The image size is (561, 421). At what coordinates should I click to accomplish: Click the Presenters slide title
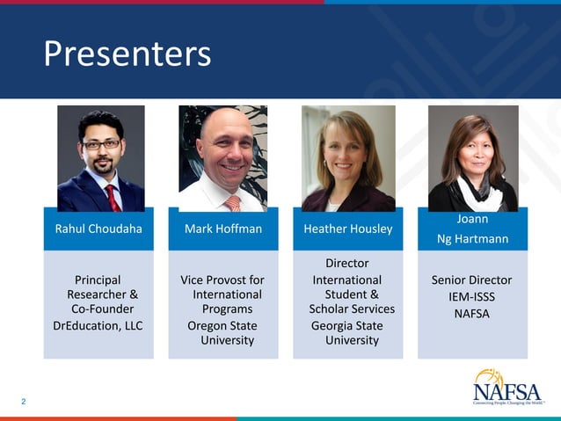point(127,54)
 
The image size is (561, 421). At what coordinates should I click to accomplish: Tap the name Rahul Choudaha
point(98,229)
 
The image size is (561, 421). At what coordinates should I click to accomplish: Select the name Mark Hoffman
point(222,229)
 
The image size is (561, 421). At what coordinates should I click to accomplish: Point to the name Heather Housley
point(347,229)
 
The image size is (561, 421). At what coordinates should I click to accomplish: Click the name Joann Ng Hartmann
point(472,229)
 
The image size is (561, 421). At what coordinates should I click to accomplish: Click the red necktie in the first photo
point(112,197)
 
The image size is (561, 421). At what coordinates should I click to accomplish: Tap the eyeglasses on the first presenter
point(102,144)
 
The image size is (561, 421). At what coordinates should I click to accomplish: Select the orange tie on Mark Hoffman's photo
point(232,203)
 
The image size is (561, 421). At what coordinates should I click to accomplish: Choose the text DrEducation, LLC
point(98,325)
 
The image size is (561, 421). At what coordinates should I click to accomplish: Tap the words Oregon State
point(222,325)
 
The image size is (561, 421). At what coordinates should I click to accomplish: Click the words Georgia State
point(346,325)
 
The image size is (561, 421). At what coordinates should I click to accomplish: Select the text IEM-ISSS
point(471,297)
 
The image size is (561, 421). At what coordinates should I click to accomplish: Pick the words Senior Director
point(471,280)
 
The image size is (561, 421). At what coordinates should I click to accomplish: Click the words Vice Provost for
point(222,280)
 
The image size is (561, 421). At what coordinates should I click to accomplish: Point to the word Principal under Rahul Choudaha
point(98,280)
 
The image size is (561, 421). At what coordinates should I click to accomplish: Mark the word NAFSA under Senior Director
point(471,314)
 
